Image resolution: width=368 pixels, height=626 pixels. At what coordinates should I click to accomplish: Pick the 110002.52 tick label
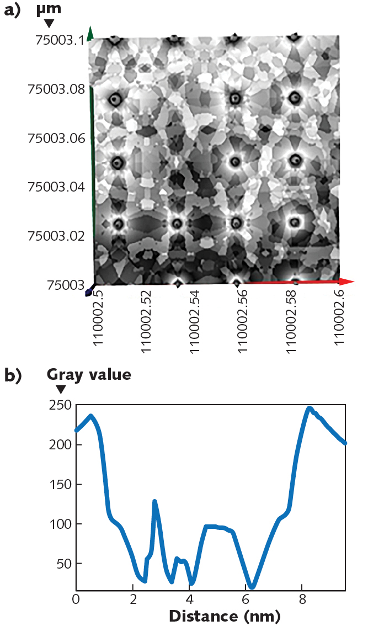pyautogui.click(x=147, y=319)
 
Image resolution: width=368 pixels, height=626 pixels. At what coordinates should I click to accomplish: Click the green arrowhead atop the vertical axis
pyautogui.click(x=90, y=32)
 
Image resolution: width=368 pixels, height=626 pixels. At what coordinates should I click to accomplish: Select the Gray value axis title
pyautogui.click(x=89, y=374)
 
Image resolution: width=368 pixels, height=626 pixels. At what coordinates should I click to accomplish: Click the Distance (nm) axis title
pyautogui.click(x=224, y=616)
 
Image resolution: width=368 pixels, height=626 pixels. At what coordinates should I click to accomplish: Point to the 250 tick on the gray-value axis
pyautogui.click(x=60, y=405)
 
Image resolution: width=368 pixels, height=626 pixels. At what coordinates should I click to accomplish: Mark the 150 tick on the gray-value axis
pyautogui.click(x=60, y=485)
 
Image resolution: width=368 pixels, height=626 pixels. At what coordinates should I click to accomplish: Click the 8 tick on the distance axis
pyautogui.click(x=302, y=599)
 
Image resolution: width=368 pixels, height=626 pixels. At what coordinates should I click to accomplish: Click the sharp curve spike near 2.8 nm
pyautogui.click(x=155, y=501)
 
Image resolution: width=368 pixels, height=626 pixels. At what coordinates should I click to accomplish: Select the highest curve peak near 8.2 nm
pyautogui.click(x=309, y=408)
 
